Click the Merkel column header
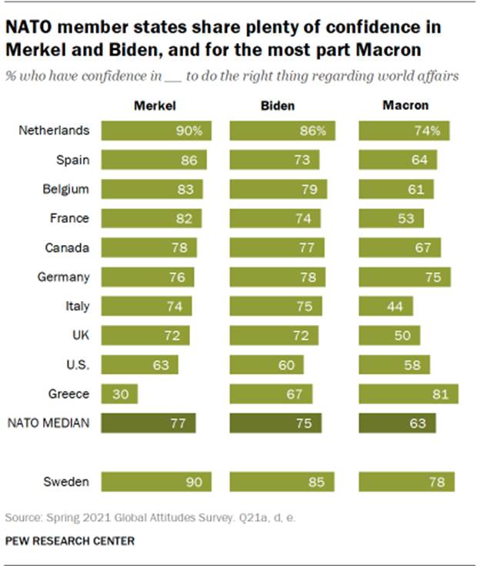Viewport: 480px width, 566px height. (x=152, y=105)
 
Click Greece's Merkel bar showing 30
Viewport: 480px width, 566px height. (x=120, y=395)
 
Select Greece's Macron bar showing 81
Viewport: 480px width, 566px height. (x=408, y=395)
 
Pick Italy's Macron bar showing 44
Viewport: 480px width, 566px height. (x=386, y=306)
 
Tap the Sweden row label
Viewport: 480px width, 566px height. (x=67, y=482)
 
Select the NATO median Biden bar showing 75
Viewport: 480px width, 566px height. (x=275, y=423)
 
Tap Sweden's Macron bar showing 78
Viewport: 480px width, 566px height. (x=407, y=482)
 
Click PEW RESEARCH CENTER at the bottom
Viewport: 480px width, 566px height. (x=70, y=541)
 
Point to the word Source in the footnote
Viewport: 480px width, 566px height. (x=21, y=518)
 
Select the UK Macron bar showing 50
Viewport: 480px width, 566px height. (x=389, y=336)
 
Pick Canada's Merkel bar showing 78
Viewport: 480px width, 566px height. (x=148, y=248)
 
